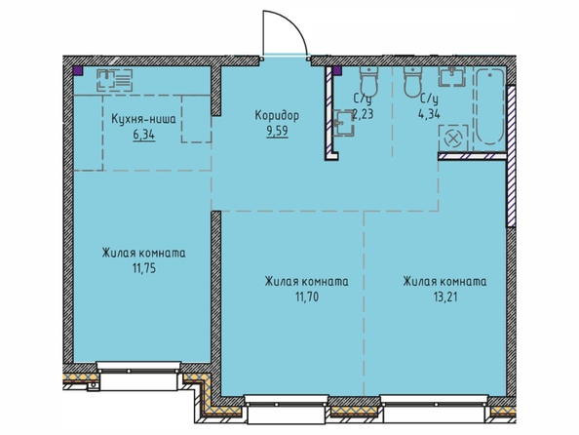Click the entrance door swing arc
[x=295, y=25]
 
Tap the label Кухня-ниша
[x=143, y=119]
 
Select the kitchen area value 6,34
[x=144, y=136]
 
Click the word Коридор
[x=277, y=116]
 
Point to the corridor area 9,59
[x=277, y=132]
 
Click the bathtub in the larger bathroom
[x=489, y=106]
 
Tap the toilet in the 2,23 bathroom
[x=368, y=80]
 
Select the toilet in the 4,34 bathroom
[x=413, y=82]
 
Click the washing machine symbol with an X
[x=453, y=138]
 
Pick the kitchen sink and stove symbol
[x=114, y=80]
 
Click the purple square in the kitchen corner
[x=78, y=70]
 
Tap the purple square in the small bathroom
[x=337, y=70]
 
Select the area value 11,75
[x=144, y=268]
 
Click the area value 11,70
[x=306, y=297]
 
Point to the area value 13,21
[x=445, y=297]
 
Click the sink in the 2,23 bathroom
[x=343, y=123]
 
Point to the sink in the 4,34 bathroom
[x=451, y=76]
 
